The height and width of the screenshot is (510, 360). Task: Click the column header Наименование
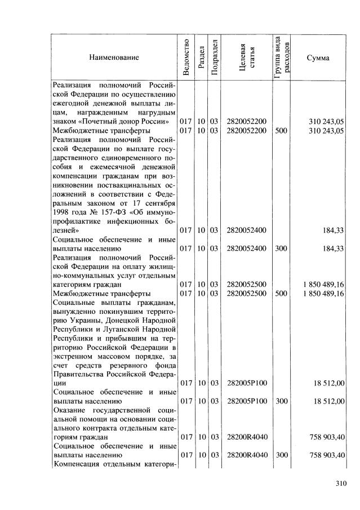pyautogui.click(x=113, y=57)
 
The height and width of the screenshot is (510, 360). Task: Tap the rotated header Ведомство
pyautogui.click(x=185, y=57)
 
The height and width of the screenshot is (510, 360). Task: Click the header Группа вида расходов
pyautogui.click(x=283, y=57)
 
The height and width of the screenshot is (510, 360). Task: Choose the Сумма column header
pyautogui.click(x=318, y=57)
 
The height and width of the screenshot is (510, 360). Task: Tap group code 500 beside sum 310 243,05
pyautogui.click(x=281, y=130)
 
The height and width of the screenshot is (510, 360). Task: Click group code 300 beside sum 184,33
pyautogui.click(x=281, y=248)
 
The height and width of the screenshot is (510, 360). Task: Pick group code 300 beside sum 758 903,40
pyautogui.click(x=281, y=455)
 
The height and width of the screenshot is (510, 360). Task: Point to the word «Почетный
pyautogui.click(x=98, y=121)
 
